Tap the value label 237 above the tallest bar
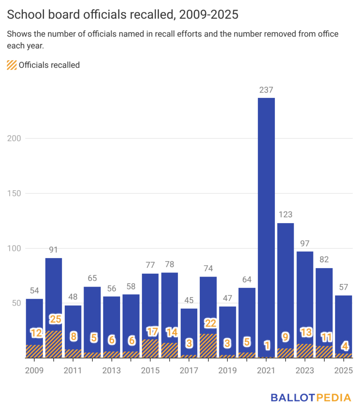pyautogui.click(x=266, y=90)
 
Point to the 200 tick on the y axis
pyautogui.click(x=14, y=138)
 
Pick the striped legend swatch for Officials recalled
pyautogui.click(x=12, y=65)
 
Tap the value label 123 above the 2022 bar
pyautogui.click(x=285, y=214)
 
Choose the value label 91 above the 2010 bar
pyautogui.click(x=54, y=249)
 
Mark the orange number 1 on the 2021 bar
pyautogui.click(x=266, y=345)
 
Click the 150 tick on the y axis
pyautogui.click(x=14, y=193)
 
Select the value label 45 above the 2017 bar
pyautogui.click(x=189, y=300)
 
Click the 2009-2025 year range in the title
pyautogui.click(x=209, y=15)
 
